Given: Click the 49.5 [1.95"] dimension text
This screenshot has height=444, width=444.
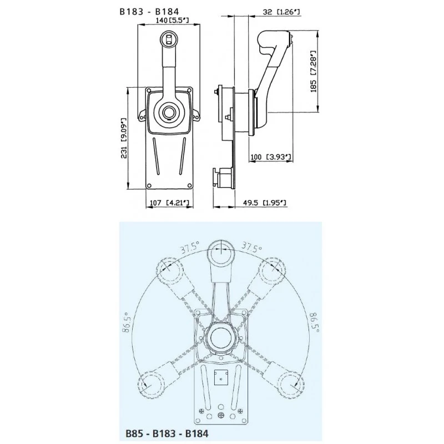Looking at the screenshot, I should click(266, 204).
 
